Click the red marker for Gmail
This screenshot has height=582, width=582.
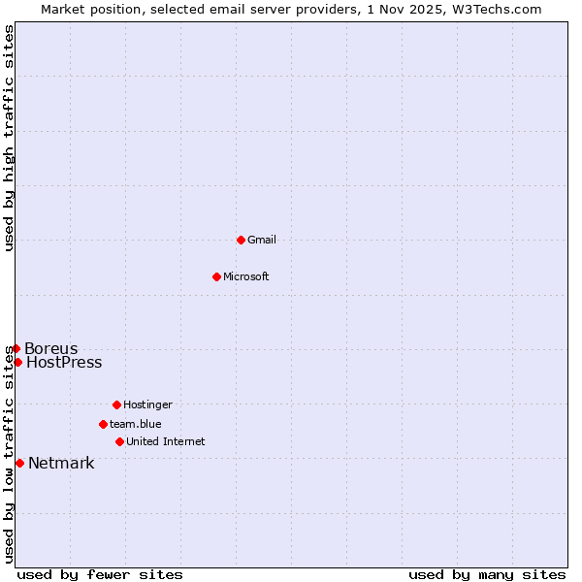pos(241,240)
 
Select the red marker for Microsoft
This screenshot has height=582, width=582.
pos(216,276)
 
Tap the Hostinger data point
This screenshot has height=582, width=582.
pos(116,404)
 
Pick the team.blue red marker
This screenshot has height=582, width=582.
pos(103,424)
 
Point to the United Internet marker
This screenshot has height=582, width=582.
pos(119,441)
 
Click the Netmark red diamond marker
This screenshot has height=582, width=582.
pos(19,463)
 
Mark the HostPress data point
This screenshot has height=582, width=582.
pos(17,362)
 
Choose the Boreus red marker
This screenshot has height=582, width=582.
pos(16,348)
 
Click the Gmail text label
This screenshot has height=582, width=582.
pos(262,240)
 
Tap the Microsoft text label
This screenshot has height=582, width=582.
pos(246,276)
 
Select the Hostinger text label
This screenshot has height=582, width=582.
pos(147,404)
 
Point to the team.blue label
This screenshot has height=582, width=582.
pos(136,424)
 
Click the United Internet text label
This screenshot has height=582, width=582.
pos(166,441)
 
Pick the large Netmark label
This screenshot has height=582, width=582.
pos(61,463)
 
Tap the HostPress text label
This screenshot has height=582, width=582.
pos(64,363)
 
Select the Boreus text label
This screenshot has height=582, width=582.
pos(51,348)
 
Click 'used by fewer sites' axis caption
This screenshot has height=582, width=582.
pos(100,574)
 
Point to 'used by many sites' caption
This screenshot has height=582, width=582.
pos(487,574)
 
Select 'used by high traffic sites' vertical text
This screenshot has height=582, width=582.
pos(9,138)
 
